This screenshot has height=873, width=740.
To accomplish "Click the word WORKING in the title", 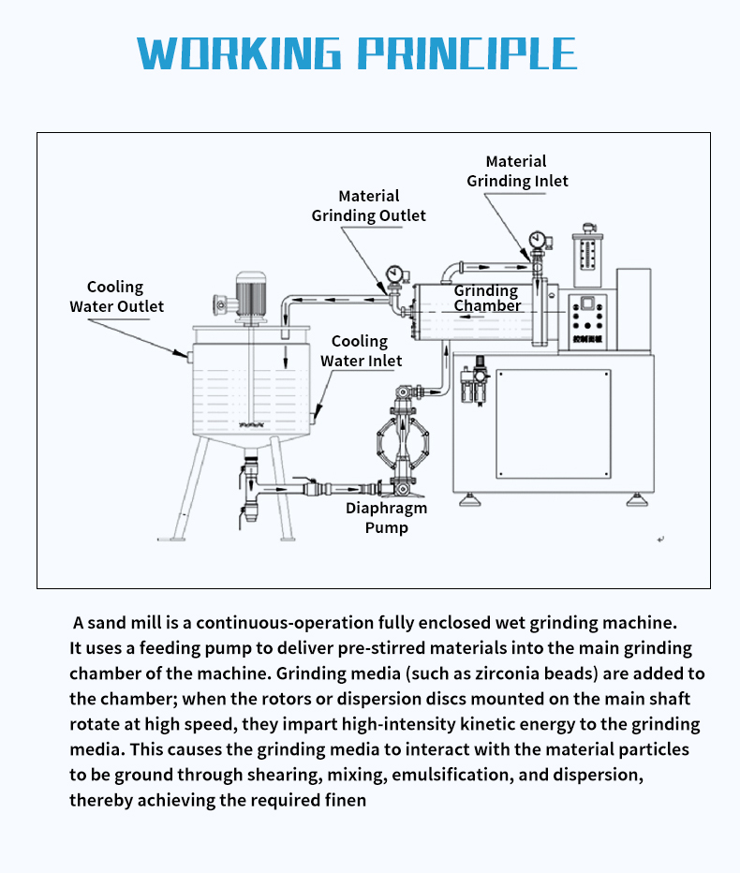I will point(242,53).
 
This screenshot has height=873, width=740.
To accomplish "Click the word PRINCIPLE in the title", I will point(468,53).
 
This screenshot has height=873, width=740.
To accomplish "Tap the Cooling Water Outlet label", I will point(116,297).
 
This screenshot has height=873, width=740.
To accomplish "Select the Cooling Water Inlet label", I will point(361,351).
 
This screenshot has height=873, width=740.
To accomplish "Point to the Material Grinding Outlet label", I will point(368,206).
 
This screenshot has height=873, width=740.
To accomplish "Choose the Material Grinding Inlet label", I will point(517,171).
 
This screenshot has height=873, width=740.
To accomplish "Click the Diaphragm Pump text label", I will point(386,518).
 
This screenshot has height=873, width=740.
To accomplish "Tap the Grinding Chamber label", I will point(487,299).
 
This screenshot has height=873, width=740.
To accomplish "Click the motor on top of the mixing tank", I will point(250,296).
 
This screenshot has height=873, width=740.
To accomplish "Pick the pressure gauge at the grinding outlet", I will point(393,274).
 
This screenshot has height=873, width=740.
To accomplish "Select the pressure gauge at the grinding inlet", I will point(537,239).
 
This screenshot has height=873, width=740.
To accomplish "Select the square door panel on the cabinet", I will point(553,422).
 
